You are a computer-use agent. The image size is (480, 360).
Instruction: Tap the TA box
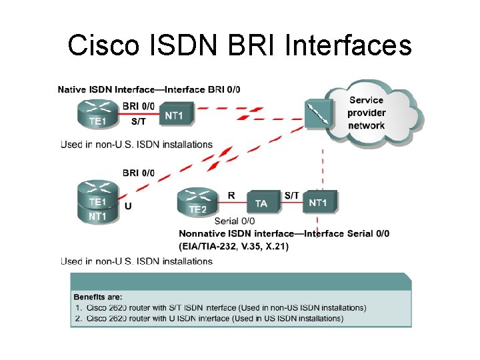point(262,203)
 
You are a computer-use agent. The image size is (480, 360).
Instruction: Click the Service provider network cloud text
point(366,113)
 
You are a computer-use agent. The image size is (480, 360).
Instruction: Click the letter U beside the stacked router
point(128,206)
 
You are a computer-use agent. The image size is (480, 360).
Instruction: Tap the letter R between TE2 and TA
point(231,195)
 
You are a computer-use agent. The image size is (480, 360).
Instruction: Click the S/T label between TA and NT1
point(291,195)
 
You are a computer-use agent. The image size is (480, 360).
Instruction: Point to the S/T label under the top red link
point(139,122)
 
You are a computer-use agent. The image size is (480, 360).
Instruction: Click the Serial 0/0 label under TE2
point(235,221)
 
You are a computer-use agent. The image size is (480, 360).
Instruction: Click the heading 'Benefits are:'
point(98,296)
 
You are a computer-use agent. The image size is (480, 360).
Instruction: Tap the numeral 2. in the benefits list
point(78,319)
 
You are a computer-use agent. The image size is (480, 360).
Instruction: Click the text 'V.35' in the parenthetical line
point(244,247)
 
